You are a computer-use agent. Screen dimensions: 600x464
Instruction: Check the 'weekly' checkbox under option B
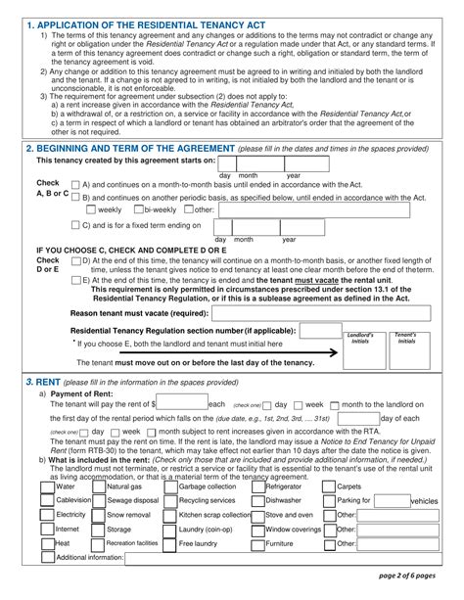(x=91, y=209)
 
